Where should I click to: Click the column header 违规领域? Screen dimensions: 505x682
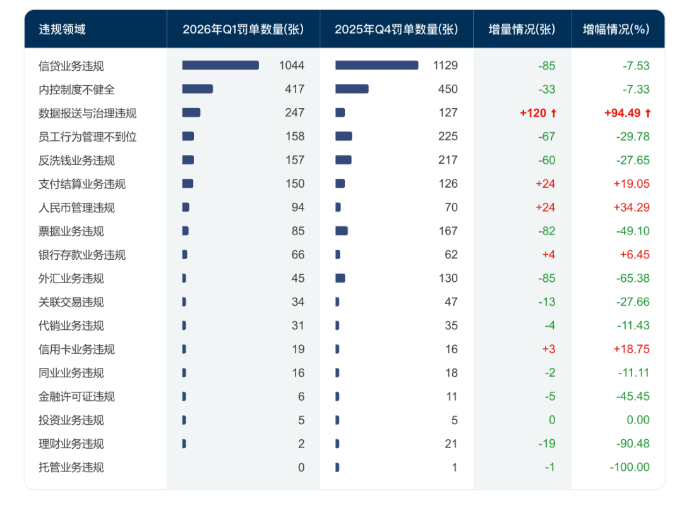coord(62,29)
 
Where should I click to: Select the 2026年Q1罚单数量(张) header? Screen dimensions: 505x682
coord(243,29)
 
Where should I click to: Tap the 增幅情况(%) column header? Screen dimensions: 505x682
coord(616,29)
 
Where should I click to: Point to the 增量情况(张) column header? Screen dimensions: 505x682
coord(522,29)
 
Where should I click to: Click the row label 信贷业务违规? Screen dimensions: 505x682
coord(71,66)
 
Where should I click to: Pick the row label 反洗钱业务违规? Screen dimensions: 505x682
coord(76,161)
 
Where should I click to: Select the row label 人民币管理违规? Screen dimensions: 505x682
coord(76,208)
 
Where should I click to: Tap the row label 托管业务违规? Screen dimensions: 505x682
coord(71,468)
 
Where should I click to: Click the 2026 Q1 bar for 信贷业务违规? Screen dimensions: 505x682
coord(220,65)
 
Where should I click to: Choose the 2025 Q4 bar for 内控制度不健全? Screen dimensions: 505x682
coord(352,89)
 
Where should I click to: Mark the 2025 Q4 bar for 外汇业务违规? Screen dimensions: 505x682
coord(340,278)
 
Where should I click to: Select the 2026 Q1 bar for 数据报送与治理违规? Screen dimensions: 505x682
coord(191,113)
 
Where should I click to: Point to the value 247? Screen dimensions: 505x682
coord(294,113)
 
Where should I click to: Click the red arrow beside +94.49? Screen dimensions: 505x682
coord(647,113)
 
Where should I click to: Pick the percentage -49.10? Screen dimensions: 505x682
coord(633,231)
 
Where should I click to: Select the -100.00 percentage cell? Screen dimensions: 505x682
coord(630,468)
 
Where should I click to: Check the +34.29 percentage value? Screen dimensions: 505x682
coord(631,208)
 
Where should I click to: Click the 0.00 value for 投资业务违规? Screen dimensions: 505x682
coord(637,420)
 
